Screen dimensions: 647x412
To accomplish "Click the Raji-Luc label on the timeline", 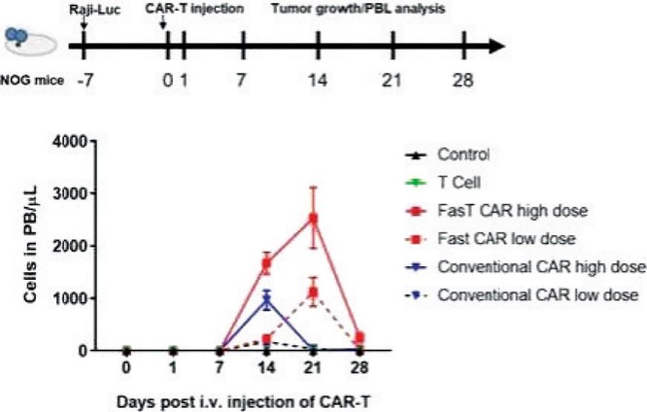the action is click(95, 10).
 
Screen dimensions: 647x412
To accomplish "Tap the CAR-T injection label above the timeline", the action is click(194, 10).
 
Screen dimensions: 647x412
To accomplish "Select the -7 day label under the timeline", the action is click(85, 80).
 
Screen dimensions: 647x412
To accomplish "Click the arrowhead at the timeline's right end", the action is click(496, 46).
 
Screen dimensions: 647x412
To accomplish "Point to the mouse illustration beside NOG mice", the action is click(30, 41).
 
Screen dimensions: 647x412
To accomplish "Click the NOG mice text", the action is click(32, 80).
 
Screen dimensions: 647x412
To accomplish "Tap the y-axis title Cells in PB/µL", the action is click(30, 245).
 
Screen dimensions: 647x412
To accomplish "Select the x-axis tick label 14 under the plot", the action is click(266, 367).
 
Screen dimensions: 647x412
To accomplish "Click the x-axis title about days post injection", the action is click(244, 401).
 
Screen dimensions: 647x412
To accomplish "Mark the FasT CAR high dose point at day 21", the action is click(314, 219).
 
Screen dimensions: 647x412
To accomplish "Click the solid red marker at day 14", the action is click(267, 263).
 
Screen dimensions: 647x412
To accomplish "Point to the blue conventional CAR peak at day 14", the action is click(267, 301).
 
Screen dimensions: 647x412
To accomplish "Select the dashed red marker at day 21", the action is click(314, 292).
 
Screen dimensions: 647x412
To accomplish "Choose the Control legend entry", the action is click(447, 154).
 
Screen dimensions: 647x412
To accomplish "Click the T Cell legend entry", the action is click(443, 183).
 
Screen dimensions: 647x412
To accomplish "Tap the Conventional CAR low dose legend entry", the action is click(522, 295).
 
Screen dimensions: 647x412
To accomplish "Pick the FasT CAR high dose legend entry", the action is click(496, 211).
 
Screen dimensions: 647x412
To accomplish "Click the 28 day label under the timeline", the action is click(463, 80).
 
